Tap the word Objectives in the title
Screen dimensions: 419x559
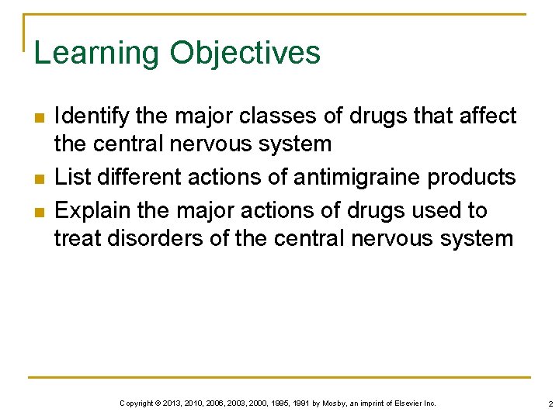point(245,54)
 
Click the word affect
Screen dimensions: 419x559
point(486,116)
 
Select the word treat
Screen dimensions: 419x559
point(78,238)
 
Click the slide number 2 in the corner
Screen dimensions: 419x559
point(549,403)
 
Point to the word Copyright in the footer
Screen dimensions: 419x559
point(136,403)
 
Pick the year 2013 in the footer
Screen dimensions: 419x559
point(173,403)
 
